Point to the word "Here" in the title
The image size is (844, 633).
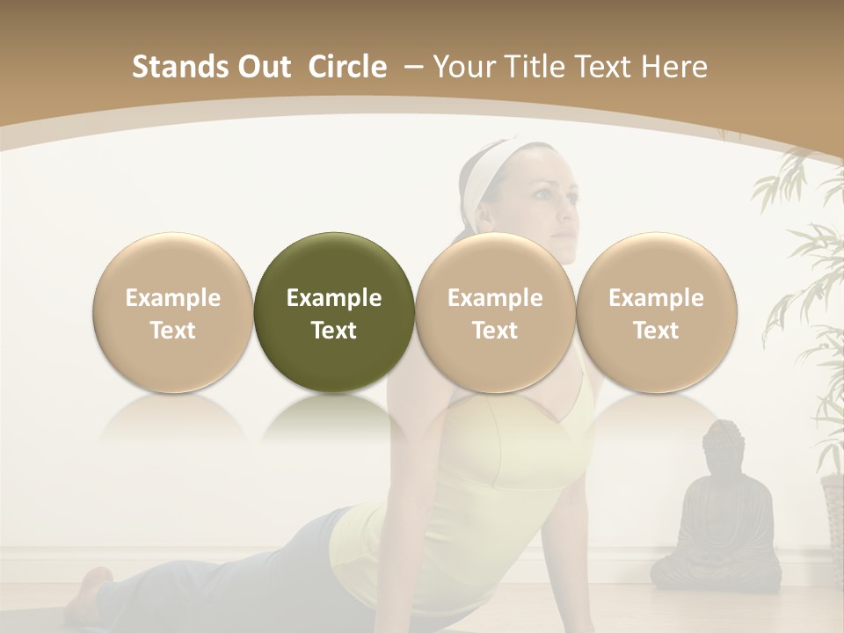[x=674, y=67]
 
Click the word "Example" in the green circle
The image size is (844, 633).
[x=334, y=298]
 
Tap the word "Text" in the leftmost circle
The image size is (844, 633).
[x=172, y=331]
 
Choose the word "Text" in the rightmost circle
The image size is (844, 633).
[x=656, y=331]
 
